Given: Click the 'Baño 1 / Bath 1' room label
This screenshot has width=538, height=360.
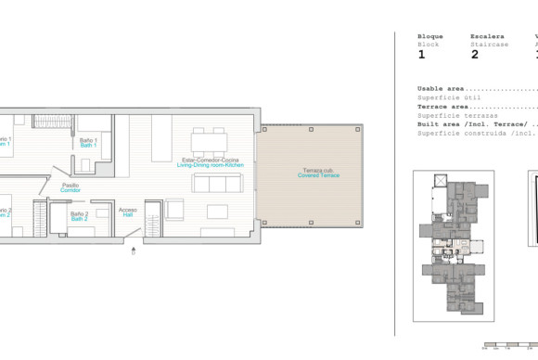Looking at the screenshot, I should click(x=89, y=142).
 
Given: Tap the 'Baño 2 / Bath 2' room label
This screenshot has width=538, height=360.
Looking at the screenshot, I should click(x=80, y=216).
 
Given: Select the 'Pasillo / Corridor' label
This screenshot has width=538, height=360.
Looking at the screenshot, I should click(x=70, y=187).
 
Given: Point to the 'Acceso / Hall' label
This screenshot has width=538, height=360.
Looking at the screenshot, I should click(x=128, y=212).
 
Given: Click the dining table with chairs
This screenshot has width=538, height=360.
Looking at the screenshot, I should click(x=209, y=142).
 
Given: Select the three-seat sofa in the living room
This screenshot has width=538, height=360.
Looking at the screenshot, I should click(x=215, y=183).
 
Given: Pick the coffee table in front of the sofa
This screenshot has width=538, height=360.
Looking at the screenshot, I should click(x=217, y=212).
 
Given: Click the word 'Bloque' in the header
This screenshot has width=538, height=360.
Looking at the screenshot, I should click(x=429, y=36).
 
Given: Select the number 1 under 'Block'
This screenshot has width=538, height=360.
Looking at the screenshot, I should click(x=421, y=55).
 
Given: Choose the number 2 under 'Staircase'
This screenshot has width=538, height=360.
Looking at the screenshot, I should click(x=475, y=55).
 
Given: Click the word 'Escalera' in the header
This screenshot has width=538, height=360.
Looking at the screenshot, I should click(x=487, y=36).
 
